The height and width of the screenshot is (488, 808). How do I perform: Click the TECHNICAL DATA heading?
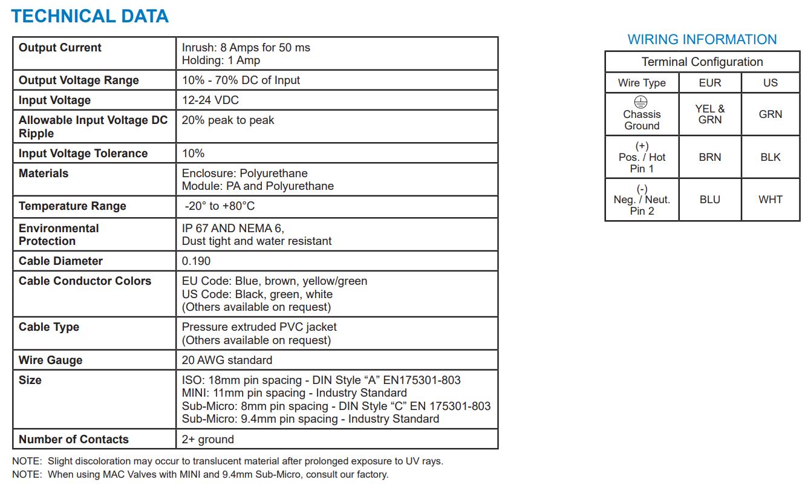pyautogui.click(x=90, y=16)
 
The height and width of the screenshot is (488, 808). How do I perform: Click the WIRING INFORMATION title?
pyautogui.click(x=702, y=40)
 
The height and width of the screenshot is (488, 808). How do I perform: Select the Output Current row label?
pyautogui.click(x=60, y=48)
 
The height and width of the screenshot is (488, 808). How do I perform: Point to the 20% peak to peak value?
pyautogui.click(x=227, y=120)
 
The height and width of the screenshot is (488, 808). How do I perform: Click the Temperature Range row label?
pyautogui.click(x=72, y=206)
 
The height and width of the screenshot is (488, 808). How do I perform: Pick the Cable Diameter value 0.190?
pyautogui.click(x=196, y=261)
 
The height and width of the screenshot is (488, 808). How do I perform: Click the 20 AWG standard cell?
pyautogui.click(x=227, y=360)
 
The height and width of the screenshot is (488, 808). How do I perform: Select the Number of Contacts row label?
pyautogui.click(x=73, y=440)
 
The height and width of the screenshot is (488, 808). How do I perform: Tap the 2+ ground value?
pyautogui.click(x=207, y=440)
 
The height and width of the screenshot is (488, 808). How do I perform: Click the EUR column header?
pyautogui.click(x=709, y=83)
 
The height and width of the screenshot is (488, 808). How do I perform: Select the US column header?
pyautogui.click(x=770, y=83)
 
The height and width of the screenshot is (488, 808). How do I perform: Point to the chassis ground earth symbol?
pyautogui.click(x=642, y=102)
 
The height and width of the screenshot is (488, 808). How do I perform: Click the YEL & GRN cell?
pyautogui.click(x=709, y=114)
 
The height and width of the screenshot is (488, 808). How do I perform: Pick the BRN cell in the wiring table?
pyautogui.click(x=709, y=157)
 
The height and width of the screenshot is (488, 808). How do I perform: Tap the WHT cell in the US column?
pyautogui.click(x=770, y=200)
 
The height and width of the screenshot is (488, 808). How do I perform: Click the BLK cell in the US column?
pyautogui.click(x=770, y=157)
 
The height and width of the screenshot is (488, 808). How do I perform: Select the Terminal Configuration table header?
pyautogui.click(x=702, y=62)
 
